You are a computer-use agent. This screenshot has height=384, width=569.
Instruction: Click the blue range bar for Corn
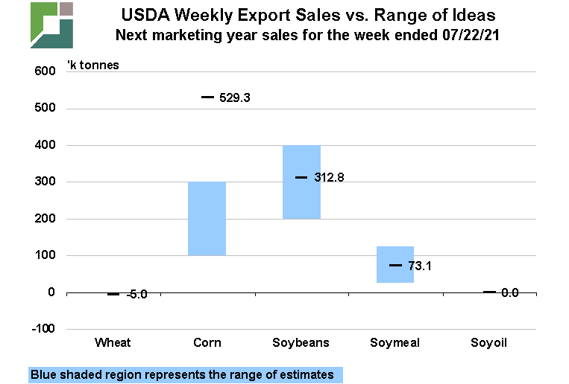point(207,218)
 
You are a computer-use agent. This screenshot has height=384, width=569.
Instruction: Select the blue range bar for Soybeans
point(301,182)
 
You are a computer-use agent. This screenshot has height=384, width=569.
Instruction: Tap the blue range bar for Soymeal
point(395,264)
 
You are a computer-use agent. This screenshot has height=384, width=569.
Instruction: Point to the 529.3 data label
point(234,97)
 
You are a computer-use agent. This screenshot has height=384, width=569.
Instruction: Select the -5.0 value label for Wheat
point(136,294)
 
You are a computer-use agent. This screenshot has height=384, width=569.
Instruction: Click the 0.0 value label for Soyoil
point(509,292)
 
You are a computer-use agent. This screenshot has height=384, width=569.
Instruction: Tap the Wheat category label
point(113,342)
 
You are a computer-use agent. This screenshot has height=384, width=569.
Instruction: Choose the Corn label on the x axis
point(207,342)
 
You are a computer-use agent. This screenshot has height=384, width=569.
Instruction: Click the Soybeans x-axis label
point(301,342)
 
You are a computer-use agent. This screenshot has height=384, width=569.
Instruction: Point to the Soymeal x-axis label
point(395,342)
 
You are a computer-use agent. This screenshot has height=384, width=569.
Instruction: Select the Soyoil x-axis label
point(489,342)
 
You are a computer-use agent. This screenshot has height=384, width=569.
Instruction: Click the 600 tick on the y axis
point(45,71)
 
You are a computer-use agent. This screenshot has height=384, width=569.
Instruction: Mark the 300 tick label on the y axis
point(45,182)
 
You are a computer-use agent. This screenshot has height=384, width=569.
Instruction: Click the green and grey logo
point(51,25)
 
